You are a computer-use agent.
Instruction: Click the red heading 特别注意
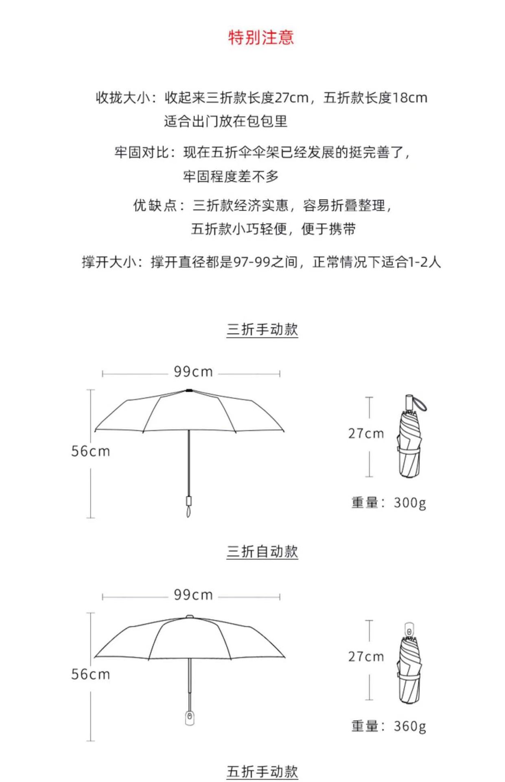[x=261, y=37]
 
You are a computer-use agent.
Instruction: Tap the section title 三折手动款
[x=262, y=329]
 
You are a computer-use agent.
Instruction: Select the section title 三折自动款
[x=262, y=551]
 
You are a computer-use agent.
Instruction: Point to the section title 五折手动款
[x=262, y=771]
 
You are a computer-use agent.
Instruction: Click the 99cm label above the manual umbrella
[x=193, y=372]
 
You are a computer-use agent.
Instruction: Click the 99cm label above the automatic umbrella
[x=193, y=595]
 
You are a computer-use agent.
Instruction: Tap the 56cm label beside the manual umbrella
[x=90, y=451]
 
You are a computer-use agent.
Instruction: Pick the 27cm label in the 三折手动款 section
[x=366, y=434]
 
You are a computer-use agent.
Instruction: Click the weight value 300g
[x=410, y=503]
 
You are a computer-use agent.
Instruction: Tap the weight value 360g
[x=410, y=726]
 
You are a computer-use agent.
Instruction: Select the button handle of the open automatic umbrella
[x=189, y=718]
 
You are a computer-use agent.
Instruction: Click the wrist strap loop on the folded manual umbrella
[x=420, y=404]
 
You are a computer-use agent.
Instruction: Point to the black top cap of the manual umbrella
[x=189, y=390]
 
